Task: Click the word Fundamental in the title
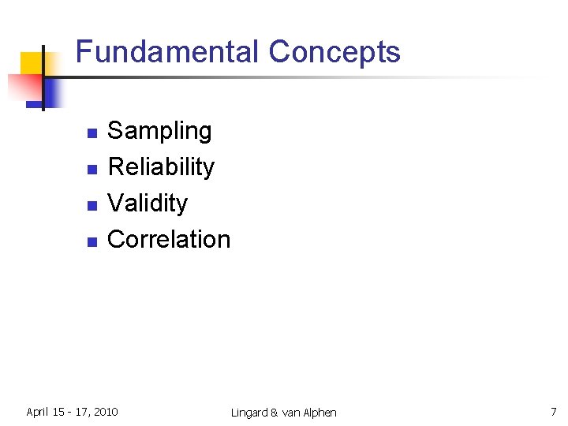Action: pyautogui.click(x=167, y=53)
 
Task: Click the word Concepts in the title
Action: pyautogui.click(x=334, y=53)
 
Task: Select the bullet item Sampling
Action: pyautogui.click(x=159, y=131)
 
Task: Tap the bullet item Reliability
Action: pyautogui.click(x=161, y=167)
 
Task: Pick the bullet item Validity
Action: pyautogui.click(x=148, y=204)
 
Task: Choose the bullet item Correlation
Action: pyautogui.click(x=169, y=240)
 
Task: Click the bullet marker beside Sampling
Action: pyautogui.click(x=92, y=133)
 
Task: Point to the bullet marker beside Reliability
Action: pyautogui.click(x=92, y=170)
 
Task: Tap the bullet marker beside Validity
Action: pyautogui.click(x=92, y=206)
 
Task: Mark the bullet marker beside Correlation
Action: pyautogui.click(x=92, y=242)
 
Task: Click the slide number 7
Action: pyautogui.click(x=553, y=412)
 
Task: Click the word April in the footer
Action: pyautogui.click(x=38, y=412)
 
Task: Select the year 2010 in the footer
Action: pyautogui.click(x=104, y=412)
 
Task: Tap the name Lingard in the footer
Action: pyautogui.click(x=249, y=413)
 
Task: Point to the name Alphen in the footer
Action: pyautogui.click(x=318, y=413)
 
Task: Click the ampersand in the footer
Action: pyautogui.click(x=275, y=413)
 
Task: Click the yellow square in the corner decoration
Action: pyautogui.click(x=32, y=63)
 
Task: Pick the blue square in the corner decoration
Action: pyautogui.click(x=49, y=92)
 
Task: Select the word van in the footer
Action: pyautogui.click(x=289, y=413)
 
